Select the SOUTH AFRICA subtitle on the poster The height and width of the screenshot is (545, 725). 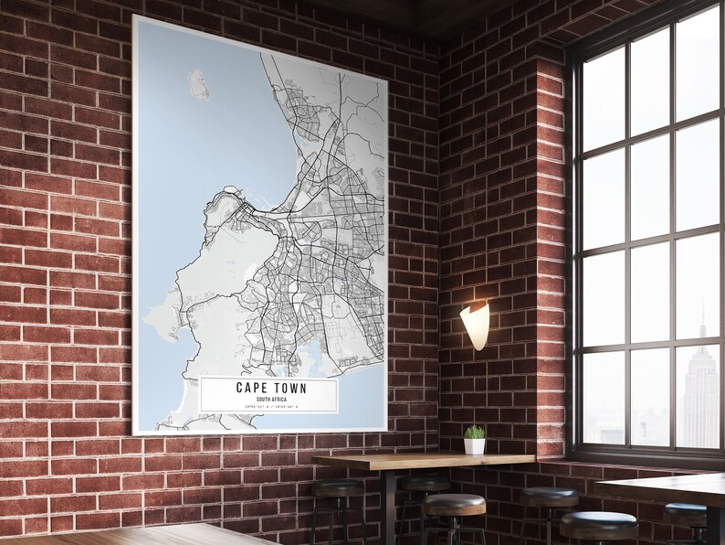[x=270, y=400]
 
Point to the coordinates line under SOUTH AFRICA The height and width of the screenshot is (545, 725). [x=269, y=408]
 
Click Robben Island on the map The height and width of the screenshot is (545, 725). [x=198, y=85]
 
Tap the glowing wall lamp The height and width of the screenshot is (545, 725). [x=475, y=324]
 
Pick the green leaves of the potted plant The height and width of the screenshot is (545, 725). [x=475, y=432]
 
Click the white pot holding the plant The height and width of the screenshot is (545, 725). [x=475, y=445]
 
